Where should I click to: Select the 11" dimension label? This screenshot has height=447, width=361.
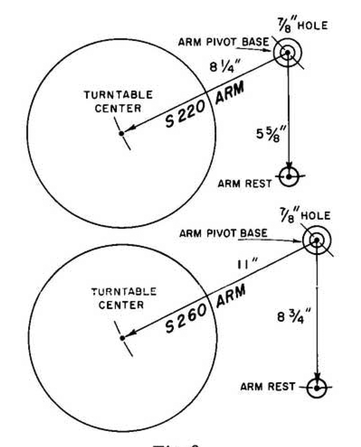247,264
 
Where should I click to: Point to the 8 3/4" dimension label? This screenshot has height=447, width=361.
291,317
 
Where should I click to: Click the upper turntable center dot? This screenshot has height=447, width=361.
122,133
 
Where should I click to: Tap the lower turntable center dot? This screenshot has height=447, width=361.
123,338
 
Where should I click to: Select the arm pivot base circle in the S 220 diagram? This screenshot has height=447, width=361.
287,52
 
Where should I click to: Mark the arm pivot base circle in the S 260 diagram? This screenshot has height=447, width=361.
317,240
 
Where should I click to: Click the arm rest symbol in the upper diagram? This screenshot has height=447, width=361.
289,176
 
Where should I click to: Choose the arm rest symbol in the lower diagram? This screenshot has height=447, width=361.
316,388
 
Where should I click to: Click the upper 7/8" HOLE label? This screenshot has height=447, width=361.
303,25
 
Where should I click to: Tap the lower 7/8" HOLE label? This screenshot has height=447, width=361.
305,215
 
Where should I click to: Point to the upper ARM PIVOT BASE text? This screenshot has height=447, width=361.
223,42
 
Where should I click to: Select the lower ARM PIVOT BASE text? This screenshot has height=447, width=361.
223,233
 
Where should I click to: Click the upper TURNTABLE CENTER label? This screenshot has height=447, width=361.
118,102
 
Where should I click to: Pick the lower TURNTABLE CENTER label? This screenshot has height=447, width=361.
123,298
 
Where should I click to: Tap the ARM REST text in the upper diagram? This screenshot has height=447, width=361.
245,183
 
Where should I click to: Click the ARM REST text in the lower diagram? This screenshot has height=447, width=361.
268,387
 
